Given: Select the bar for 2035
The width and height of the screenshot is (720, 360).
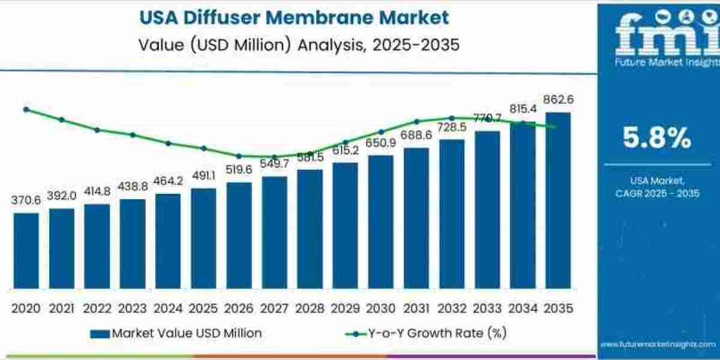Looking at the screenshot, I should click(558, 201).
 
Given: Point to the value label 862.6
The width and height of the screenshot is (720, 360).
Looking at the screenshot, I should click(559, 100).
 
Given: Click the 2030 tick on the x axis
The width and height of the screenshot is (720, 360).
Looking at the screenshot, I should click(381, 308).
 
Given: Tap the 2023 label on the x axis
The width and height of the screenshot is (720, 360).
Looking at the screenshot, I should click(133, 308).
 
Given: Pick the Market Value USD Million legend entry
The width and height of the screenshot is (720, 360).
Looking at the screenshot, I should click(176, 333).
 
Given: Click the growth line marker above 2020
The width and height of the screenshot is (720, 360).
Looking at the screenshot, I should click(26, 109).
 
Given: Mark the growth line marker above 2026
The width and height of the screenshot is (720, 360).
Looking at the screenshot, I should click(239, 156).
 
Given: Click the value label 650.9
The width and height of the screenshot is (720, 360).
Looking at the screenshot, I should click(381, 143).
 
